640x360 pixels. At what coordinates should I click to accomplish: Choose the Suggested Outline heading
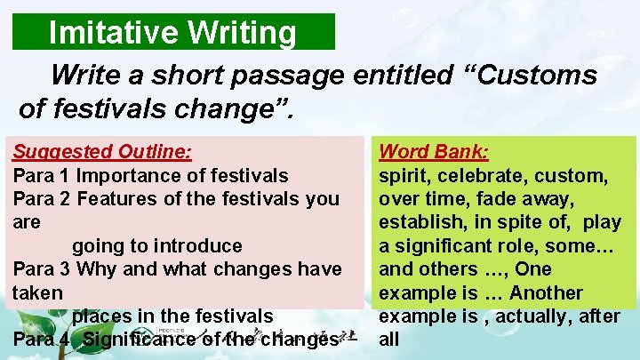pos(102,151)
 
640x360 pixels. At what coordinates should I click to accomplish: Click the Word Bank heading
pos(435,151)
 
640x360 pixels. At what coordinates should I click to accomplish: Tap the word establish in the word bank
pos(420,222)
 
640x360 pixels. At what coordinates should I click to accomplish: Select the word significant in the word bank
pos(450,245)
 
